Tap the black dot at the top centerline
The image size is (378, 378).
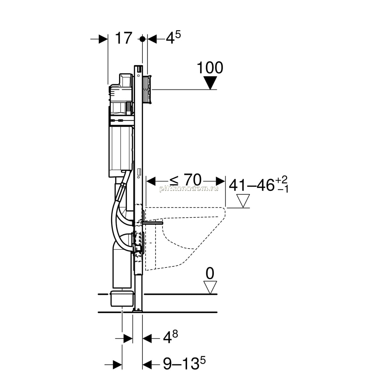click(x=142, y=39)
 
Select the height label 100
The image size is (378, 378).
click(x=210, y=68)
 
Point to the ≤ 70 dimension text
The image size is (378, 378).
click(x=185, y=180)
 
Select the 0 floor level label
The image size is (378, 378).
click(x=210, y=274)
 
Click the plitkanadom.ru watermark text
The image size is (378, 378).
click(x=189, y=189)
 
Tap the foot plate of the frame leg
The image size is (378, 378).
click(x=138, y=310)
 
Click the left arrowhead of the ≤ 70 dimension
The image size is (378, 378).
click(x=151, y=181)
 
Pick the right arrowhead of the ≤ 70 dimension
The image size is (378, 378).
click(x=220, y=181)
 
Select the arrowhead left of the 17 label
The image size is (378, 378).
click(x=103, y=39)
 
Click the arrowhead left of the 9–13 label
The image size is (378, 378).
click(x=117, y=365)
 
